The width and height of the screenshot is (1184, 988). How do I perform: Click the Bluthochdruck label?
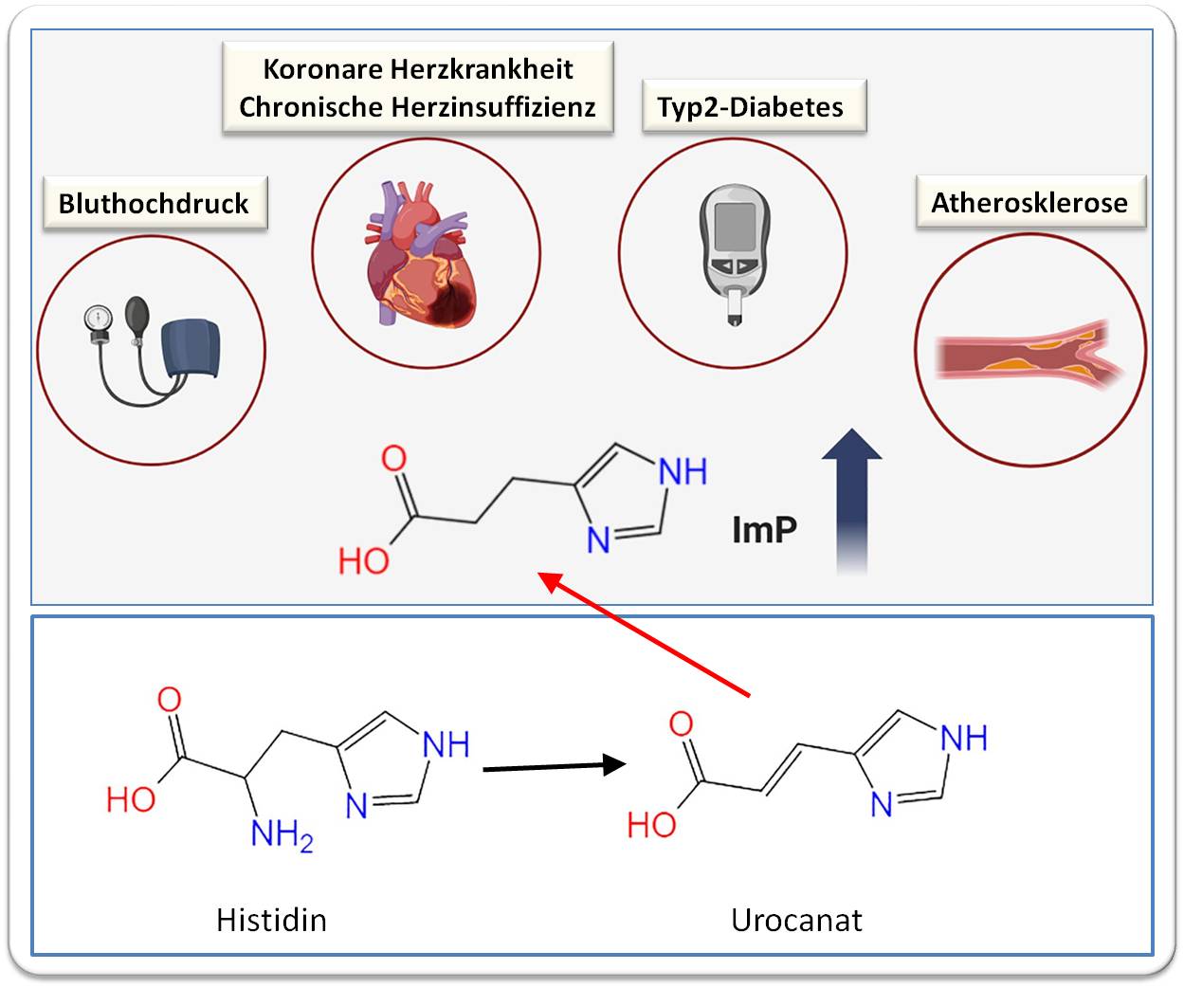click(154, 203)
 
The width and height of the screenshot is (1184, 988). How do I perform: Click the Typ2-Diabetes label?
click(750, 107)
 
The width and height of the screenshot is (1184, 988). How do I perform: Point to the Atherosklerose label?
click(1029, 203)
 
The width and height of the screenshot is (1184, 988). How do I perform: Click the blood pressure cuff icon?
click(191, 352)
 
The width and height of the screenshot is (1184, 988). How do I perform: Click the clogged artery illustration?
click(1029, 354)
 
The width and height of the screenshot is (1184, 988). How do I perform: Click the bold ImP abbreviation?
click(764, 529)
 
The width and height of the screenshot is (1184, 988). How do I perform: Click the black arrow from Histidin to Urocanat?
click(555, 766)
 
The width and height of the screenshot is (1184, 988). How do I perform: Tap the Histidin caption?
click(271, 920)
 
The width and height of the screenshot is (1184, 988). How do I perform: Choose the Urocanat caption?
click(796, 920)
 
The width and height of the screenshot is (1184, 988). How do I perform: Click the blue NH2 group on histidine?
click(281, 836)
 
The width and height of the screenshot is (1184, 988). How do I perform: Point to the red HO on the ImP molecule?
click(364, 561)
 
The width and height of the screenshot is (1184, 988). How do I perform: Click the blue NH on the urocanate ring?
click(964, 739)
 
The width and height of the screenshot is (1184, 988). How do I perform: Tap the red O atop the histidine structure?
click(169, 701)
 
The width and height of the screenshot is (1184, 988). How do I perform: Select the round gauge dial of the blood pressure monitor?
click(97, 319)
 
